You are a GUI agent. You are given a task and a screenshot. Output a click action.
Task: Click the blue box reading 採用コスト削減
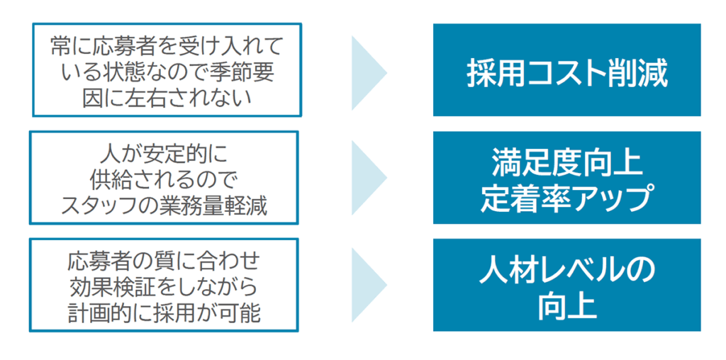pos(566,70)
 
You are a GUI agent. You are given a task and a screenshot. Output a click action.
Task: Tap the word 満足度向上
pos(566,163)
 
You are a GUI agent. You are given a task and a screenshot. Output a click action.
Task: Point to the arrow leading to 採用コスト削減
pos(369,71)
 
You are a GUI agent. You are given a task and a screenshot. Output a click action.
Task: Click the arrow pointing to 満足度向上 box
pos(369,177)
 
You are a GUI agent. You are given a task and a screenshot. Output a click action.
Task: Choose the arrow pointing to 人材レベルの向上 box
pos(369,284)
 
